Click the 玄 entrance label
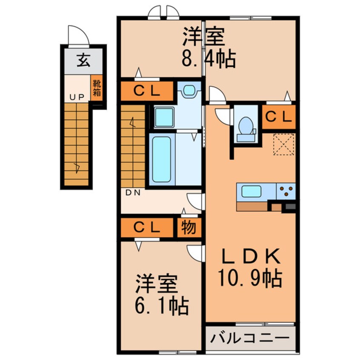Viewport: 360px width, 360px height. tap(83, 62)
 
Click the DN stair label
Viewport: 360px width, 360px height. tap(134, 192)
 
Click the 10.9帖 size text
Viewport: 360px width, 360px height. tap(250, 279)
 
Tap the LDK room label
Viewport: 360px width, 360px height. tap(250, 257)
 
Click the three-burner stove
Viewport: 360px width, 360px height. tap(286, 191)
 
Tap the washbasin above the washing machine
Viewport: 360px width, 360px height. tap(188, 90)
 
